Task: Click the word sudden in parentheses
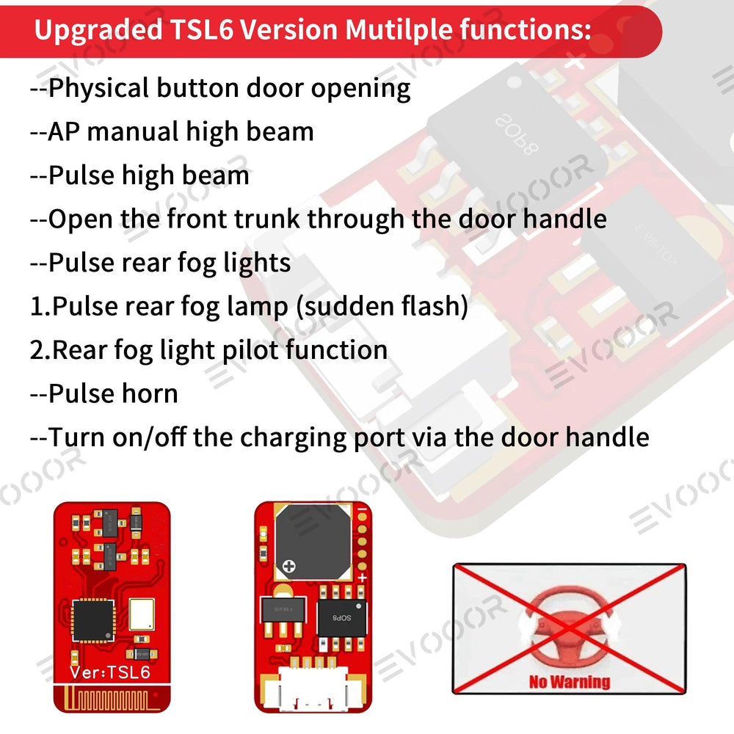349,306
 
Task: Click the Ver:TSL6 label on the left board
110,672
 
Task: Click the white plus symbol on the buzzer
289,567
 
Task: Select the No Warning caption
569,682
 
